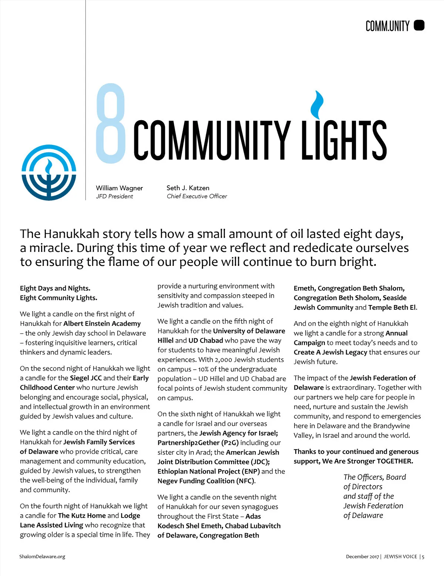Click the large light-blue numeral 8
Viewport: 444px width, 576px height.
tap(110, 124)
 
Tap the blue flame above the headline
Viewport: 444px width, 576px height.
tap(317, 103)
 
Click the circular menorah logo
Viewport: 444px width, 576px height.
tap(49, 173)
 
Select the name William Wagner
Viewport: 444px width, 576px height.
tap(119, 188)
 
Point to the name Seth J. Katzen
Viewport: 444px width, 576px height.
tap(188, 188)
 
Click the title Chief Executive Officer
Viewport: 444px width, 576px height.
tap(197, 196)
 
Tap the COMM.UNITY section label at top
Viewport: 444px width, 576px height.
tap(387, 26)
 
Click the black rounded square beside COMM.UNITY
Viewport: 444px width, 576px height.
tap(419, 25)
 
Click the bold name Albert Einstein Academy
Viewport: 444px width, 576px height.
tap(102, 323)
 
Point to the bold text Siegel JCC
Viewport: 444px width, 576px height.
tap(85, 378)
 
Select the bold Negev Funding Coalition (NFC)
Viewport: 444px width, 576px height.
tap(206, 481)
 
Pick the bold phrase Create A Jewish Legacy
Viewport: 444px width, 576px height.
tap(330, 352)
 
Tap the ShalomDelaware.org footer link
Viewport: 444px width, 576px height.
tap(42, 556)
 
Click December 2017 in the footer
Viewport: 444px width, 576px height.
tap(362, 556)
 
